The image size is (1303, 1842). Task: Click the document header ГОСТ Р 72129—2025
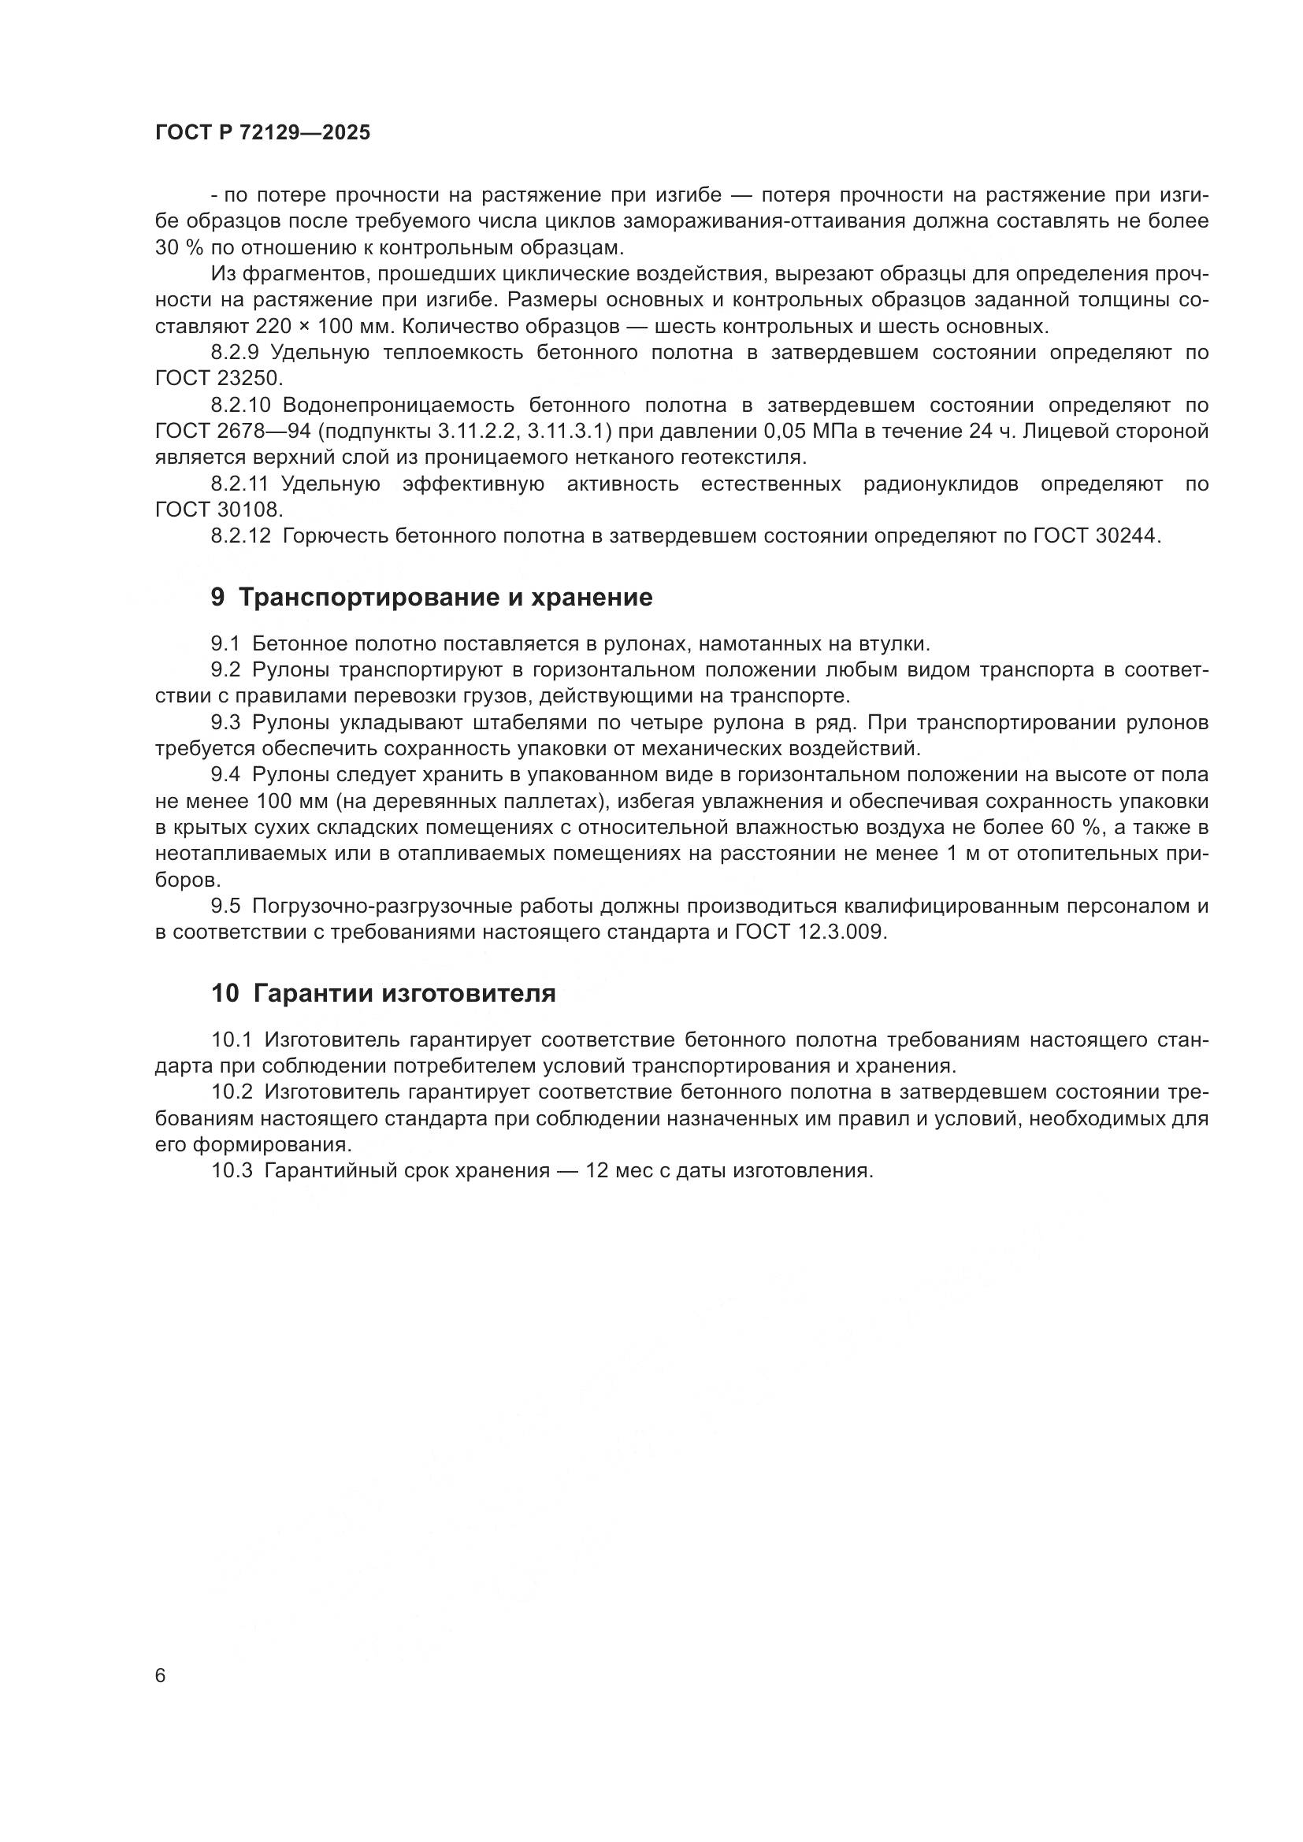[262, 133]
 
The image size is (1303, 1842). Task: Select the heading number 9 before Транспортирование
[218, 598]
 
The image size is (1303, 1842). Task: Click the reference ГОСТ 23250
[215, 378]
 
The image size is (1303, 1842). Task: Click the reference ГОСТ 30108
[215, 510]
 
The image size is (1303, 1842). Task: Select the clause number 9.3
[225, 722]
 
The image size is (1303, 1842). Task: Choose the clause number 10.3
[232, 1170]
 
